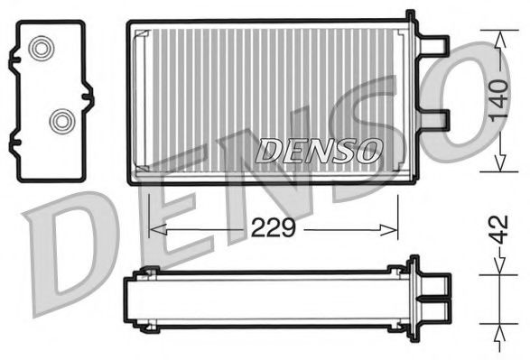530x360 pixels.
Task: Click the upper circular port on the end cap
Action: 42,49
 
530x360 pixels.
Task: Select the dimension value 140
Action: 497,102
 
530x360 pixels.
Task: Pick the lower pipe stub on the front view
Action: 435,119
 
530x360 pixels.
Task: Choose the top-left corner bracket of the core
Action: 141,36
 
